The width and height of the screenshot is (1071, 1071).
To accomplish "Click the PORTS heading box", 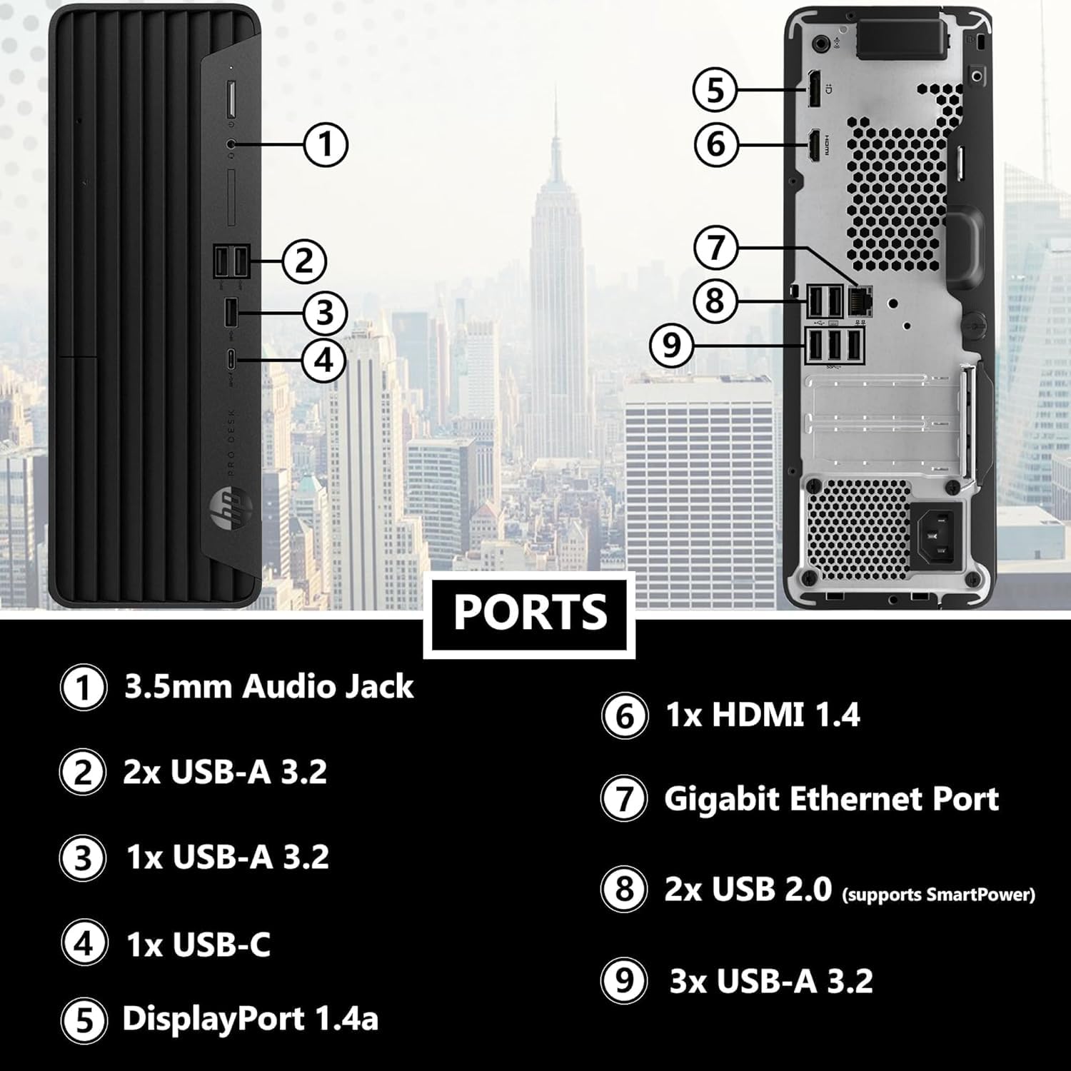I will (x=529, y=613).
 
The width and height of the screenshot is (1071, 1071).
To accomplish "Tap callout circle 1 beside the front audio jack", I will (x=326, y=144).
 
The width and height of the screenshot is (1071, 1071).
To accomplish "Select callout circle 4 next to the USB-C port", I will (x=324, y=359).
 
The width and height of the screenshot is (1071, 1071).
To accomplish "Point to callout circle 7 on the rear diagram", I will (x=716, y=248).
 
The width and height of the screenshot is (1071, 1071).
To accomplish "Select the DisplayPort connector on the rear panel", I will (x=813, y=90).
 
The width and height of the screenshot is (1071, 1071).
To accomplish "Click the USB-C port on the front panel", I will (x=230, y=359).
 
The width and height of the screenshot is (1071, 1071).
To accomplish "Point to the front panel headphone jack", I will (x=230, y=143).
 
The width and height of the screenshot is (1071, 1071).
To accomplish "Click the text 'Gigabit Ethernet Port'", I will (x=831, y=799).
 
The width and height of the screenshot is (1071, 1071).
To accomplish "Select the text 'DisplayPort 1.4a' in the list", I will (x=250, y=1018).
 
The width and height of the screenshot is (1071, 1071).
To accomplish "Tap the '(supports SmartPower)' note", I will (x=938, y=894).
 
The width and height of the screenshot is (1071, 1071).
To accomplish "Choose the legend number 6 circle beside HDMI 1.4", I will (x=624, y=715).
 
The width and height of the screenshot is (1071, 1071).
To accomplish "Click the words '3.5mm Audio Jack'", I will (x=268, y=687).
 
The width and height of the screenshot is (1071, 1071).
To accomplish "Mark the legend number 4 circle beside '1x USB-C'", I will (x=84, y=945).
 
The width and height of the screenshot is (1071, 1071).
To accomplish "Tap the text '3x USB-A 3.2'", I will (x=771, y=981).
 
